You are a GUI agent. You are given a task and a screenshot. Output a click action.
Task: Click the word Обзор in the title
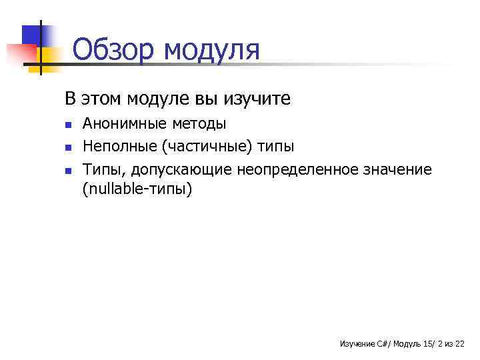[x=113, y=50]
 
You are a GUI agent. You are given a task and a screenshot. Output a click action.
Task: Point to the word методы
[x=199, y=124]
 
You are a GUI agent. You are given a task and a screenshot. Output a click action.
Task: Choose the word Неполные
[x=115, y=146]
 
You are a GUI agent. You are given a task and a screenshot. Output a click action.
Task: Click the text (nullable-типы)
[x=137, y=189]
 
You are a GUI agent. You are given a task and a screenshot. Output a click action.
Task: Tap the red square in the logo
[x=20, y=53]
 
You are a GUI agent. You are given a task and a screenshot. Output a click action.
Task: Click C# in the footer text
[x=383, y=343]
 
